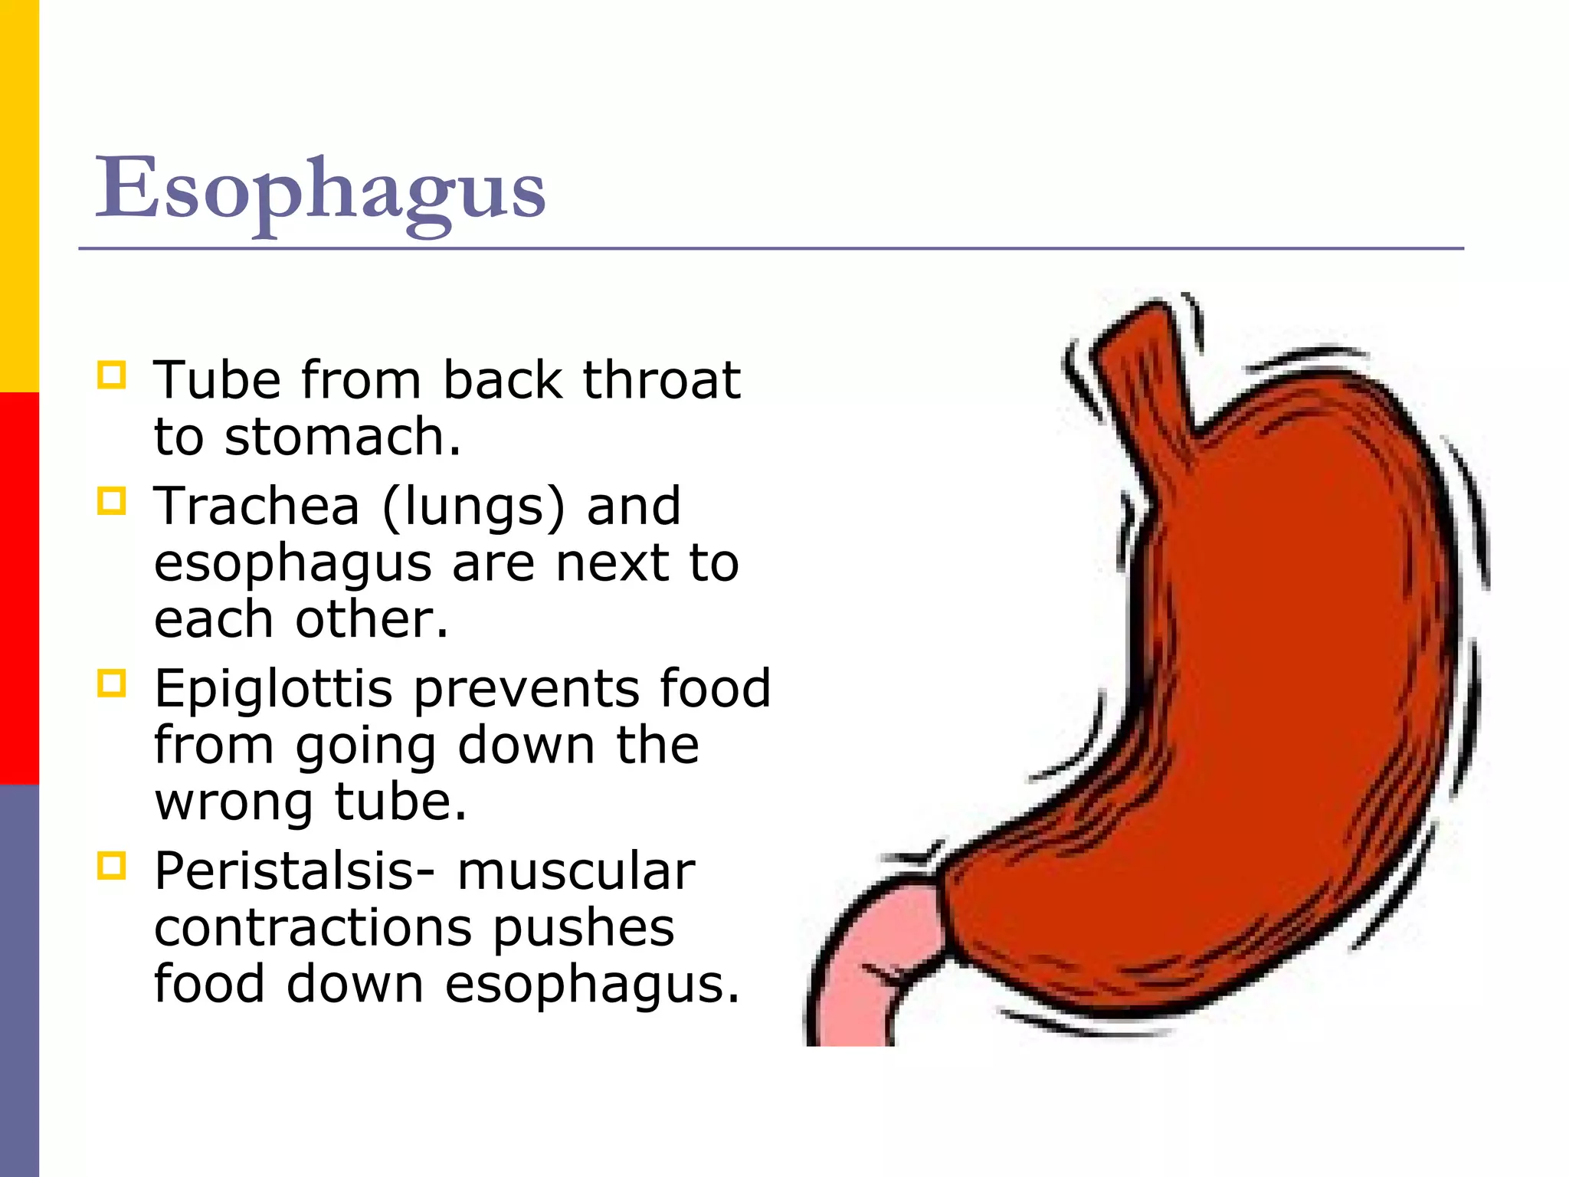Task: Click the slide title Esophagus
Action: coord(320,189)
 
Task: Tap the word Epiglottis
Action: coord(274,690)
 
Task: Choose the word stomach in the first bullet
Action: coord(342,437)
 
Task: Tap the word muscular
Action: coord(576,872)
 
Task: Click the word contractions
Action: coord(313,929)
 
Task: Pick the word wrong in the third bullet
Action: coord(234,803)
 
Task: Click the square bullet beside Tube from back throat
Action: coord(112,375)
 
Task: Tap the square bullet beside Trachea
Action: coord(112,502)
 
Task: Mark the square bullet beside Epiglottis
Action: coord(112,684)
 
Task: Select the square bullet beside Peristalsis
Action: coord(112,867)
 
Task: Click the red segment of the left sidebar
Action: coord(19,588)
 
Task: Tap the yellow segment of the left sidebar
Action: coord(19,196)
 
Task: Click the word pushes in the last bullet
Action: coord(583,929)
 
